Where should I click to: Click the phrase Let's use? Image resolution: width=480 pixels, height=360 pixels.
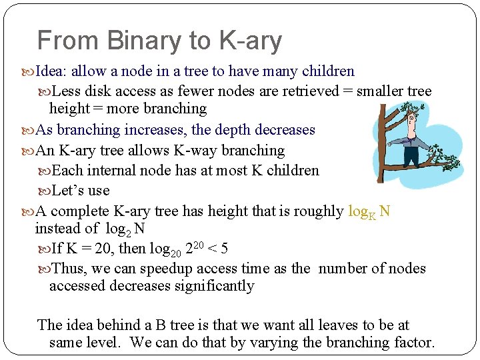[80, 190]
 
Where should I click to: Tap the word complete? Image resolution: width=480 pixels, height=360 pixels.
[79, 211]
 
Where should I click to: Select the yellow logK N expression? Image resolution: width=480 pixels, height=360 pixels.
[369, 212]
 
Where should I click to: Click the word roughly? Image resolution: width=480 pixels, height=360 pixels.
[317, 211]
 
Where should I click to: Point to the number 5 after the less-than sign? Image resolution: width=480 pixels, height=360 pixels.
[224, 249]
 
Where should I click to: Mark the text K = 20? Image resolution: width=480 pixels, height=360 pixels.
[87, 249]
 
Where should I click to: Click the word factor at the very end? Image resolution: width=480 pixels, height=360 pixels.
[414, 343]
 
